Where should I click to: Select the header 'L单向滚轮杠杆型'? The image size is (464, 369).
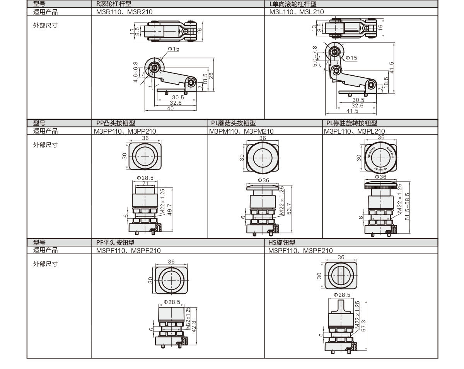point(293,4)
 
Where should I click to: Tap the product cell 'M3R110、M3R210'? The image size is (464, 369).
point(125,12)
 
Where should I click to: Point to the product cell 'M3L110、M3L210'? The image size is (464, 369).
point(297,12)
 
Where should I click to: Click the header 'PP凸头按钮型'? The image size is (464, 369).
point(116,123)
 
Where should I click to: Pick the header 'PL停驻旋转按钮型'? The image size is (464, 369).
point(351,123)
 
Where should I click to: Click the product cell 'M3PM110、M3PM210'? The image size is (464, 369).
point(241,131)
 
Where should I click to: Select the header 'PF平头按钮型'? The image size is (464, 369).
point(116,242)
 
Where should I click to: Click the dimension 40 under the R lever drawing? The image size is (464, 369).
point(170,109)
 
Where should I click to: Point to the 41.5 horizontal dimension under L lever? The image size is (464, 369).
point(352,111)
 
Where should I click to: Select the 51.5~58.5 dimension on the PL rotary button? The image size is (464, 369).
point(408,207)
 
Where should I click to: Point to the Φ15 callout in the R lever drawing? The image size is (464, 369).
point(174,49)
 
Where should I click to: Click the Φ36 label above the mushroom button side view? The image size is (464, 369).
point(263,180)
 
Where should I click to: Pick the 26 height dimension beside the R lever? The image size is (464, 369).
point(211,76)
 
